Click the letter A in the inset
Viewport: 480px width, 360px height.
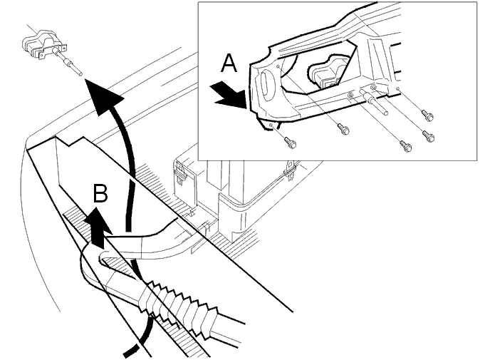(x=229, y=63)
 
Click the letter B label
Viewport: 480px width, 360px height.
(x=100, y=193)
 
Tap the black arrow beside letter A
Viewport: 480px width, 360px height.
(x=229, y=94)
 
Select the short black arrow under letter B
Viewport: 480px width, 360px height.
(x=98, y=228)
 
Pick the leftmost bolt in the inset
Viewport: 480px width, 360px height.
(x=290, y=143)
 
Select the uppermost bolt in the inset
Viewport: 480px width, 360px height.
(x=427, y=115)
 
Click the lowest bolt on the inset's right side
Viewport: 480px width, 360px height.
(x=406, y=146)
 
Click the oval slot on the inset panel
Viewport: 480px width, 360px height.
(x=266, y=86)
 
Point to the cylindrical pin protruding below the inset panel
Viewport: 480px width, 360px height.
(x=373, y=101)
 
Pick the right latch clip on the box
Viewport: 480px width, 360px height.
(x=289, y=170)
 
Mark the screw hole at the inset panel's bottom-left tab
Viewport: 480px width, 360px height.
(x=271, y=125)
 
